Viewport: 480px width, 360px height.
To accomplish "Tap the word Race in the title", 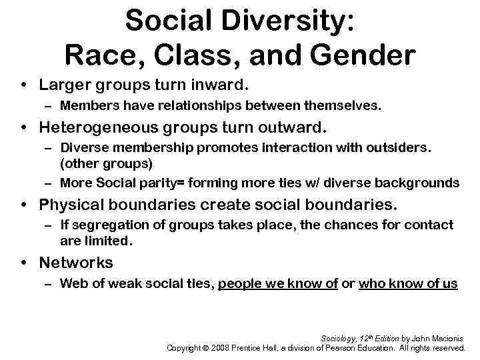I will [99, 54].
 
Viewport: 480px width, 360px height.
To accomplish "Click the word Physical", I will [70, 204].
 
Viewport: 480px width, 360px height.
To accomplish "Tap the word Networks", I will [76, 263].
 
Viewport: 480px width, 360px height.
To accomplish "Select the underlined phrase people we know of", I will [279, 284].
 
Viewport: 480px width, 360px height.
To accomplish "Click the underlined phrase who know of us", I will [408, 284].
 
